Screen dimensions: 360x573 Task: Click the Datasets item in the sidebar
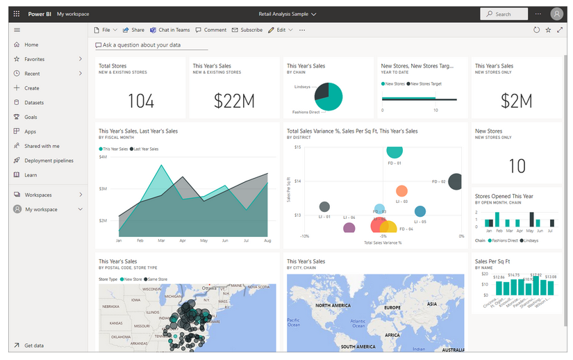[x=34, y=102]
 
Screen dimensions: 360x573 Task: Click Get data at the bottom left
[x=33, y=345]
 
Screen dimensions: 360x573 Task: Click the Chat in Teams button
[x=169, y=30]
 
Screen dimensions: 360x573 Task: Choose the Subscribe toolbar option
[x=247, y=30]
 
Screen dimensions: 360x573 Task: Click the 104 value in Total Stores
[x=141, y=101]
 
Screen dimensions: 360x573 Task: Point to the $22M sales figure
[x=234, y=101]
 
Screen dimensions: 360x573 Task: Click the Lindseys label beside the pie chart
[x=302, y=87]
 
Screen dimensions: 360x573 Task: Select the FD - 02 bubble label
[x=438, y=182]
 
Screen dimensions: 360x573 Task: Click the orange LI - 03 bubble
[x=401, y=191]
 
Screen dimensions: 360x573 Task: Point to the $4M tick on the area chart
[x=103, y=157]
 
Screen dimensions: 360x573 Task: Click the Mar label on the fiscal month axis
[x=161, y=241]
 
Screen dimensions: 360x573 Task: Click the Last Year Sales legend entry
[x=146, y=149]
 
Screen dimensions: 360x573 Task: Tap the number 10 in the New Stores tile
[x=517, y=166]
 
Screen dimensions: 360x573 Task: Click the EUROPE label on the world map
[x=392, y=307]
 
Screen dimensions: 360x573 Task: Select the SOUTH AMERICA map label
[x=358, y=346]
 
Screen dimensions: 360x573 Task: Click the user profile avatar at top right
[x=556, y=14]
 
